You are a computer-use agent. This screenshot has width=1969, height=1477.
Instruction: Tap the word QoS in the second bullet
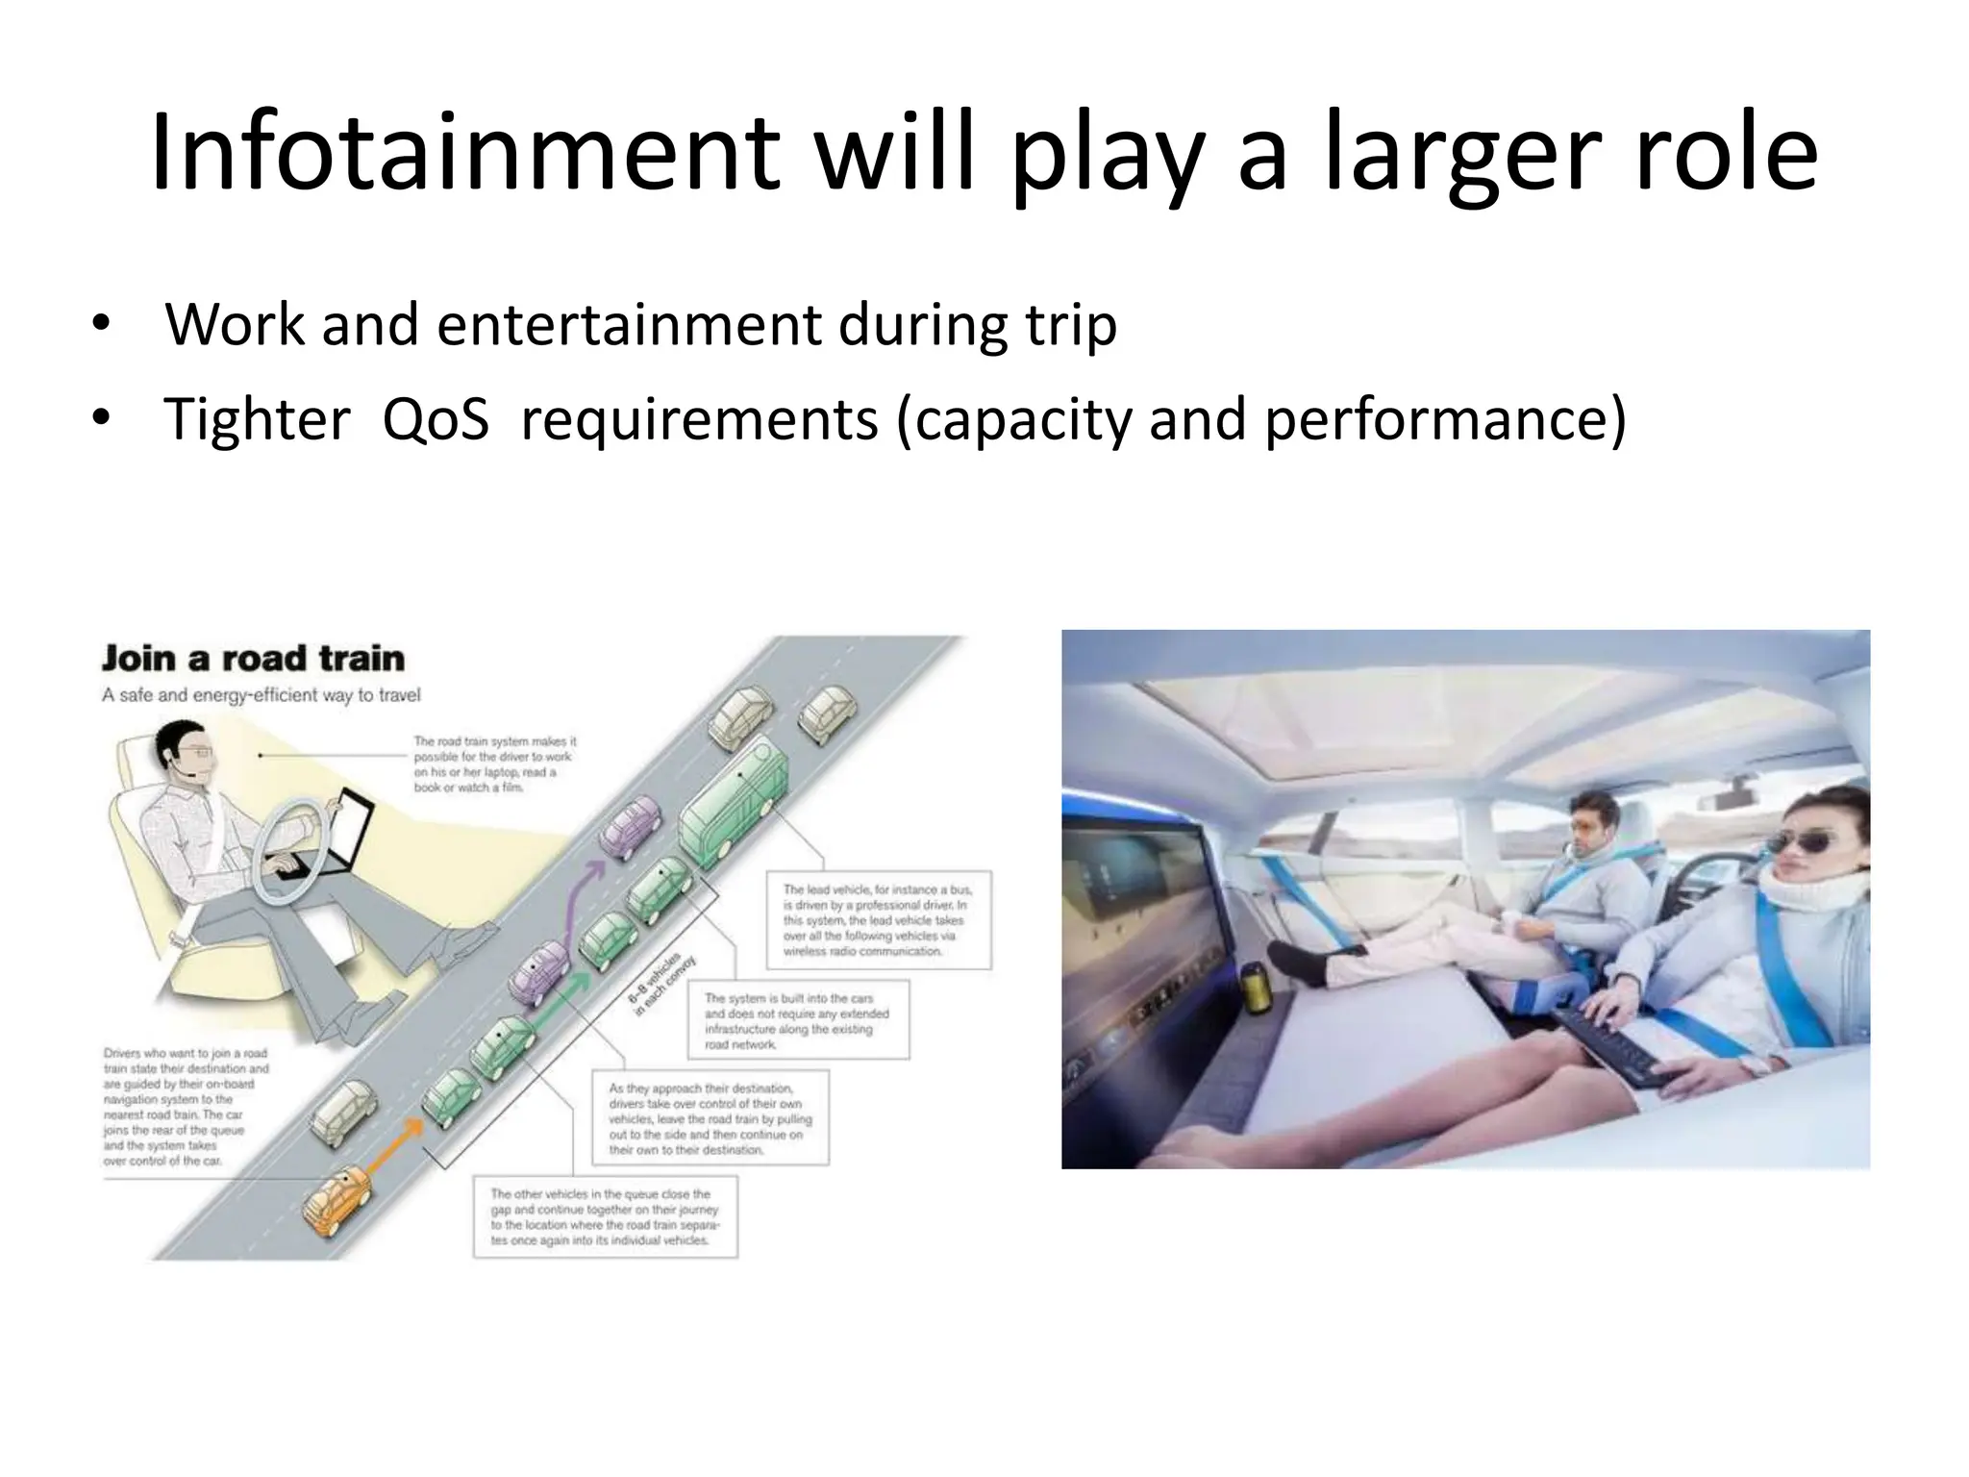436,419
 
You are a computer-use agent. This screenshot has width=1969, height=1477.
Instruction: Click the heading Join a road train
253,659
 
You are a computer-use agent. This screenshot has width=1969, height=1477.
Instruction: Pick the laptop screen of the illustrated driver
355,834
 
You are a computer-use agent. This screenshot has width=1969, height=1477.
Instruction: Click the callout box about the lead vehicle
879,920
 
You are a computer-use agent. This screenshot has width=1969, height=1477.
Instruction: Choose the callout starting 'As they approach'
709,1118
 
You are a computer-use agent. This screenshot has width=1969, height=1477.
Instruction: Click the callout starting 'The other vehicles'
605,1216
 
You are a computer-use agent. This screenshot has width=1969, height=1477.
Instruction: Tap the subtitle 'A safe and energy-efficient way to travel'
262,695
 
